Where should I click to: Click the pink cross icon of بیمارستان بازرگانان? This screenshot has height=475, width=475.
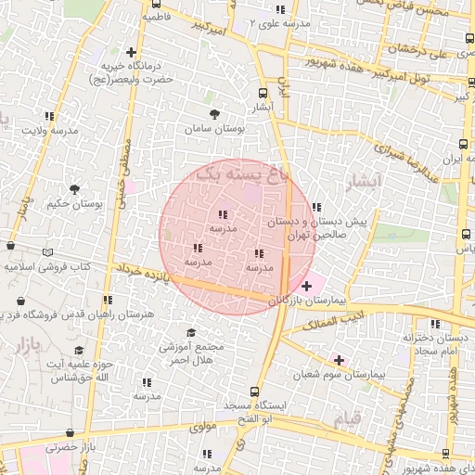click(306, 287)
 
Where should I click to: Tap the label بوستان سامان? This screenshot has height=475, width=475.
click(214, 130)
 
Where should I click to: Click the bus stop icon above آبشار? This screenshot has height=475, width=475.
click(263, 93)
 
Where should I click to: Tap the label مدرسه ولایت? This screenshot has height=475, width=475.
click(46, 133)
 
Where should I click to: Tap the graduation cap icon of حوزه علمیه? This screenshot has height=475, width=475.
click(79, 349)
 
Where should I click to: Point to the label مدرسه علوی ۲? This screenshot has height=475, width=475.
click(282, 23)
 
